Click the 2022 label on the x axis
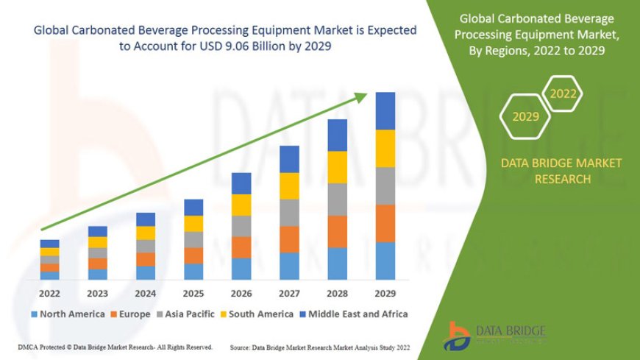[x=49, y=292]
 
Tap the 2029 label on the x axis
[x=385, y=292]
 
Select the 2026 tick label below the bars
[x=241, y=292]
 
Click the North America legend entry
[x=68, y=314]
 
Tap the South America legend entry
[x=255, y=314]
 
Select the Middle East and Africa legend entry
[x=352, y=314]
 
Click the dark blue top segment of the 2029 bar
[x=385, y=111]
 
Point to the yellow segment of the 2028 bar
[x=338, y=167]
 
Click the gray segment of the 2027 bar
[x=289, y=213]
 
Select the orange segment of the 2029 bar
[x=385, y=223]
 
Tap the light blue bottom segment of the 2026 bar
[x=241, y=269]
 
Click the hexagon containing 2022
[x=563, y=94]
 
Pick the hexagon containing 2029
[x=525, y=116]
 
